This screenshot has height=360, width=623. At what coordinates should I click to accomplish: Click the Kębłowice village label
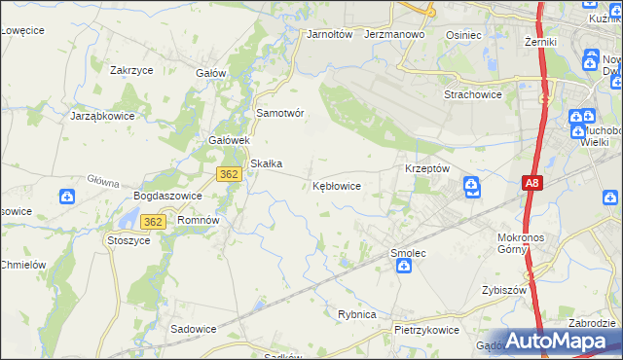[338, 185]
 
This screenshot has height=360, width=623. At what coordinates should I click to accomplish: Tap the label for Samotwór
[280, 113]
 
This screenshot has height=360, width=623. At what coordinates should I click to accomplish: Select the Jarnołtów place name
[328, 34]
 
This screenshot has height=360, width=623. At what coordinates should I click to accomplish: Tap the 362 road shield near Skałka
[228, 173]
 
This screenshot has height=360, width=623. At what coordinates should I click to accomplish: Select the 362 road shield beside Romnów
[151, 222]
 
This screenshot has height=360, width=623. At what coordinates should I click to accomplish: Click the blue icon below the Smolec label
[403, 266]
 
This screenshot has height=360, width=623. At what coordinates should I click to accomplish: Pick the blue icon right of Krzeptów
[471, 185]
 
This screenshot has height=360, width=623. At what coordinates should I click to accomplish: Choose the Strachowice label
[471, 94]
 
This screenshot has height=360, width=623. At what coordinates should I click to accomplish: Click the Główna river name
[102, 181]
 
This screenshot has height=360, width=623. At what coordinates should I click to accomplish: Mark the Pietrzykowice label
[426, 330]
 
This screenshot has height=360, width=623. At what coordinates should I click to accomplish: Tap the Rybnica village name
[357, 314]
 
